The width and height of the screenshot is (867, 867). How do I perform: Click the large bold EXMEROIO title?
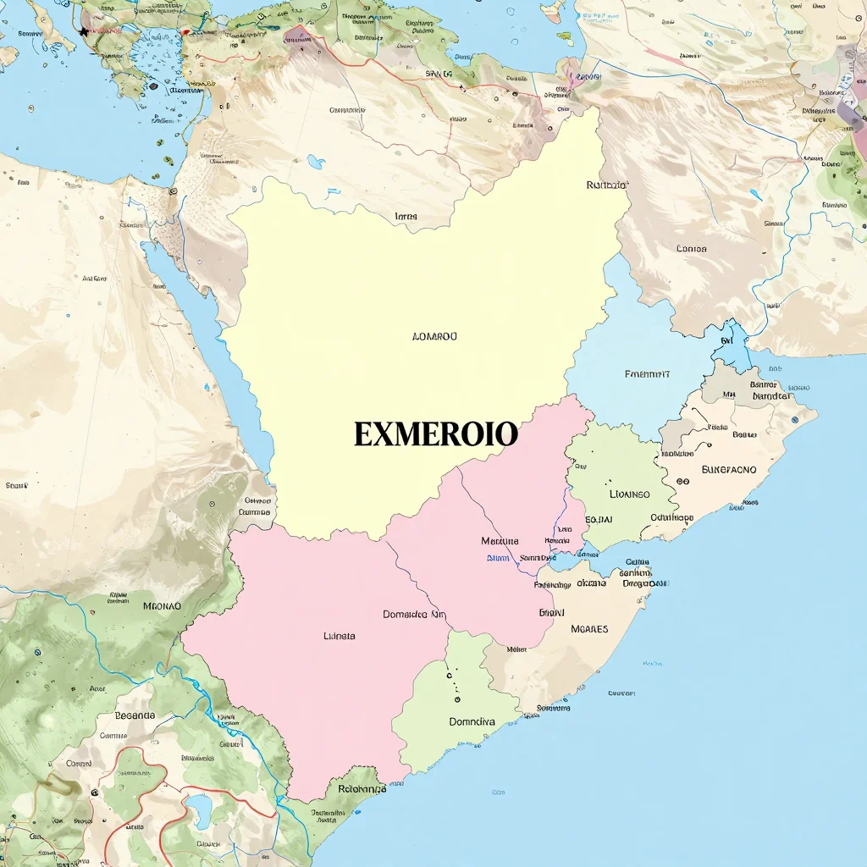[435, 435]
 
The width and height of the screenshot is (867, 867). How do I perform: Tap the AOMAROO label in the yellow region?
[433, 336]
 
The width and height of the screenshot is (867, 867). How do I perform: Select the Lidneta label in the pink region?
[340, 635]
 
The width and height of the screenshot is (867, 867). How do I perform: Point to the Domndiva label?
[472, 722]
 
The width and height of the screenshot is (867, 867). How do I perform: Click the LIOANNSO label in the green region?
[629, 494]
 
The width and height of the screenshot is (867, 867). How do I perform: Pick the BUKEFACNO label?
[729, 469]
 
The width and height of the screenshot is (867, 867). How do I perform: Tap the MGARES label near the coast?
[589, 629]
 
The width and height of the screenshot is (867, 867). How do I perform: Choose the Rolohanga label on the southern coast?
[362, 789]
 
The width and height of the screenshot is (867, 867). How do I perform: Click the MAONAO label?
[162, 606]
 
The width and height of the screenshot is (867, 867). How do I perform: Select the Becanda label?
[135, 715]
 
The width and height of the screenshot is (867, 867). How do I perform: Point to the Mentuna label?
[500, 541]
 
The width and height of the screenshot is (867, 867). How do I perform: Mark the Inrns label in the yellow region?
[406, 217]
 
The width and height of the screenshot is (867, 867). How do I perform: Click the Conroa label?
[691, 249]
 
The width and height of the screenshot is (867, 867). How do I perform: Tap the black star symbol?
[84, 31]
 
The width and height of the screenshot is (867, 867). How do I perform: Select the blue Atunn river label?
[498, 558]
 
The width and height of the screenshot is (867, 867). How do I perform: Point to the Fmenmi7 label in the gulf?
[647, 373]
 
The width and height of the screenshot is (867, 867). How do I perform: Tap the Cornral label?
[79, 763]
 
